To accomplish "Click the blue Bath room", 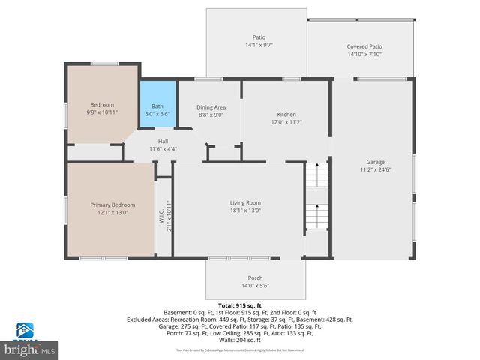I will tap(157, 109).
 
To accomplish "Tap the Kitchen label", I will tap(285, 114).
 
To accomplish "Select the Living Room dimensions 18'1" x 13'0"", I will tap(245, 211).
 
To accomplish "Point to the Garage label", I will tap(376, 161).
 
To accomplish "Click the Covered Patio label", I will tap(364, 46).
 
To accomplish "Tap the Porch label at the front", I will tap(256, 277).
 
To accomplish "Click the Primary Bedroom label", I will tap(112, 205).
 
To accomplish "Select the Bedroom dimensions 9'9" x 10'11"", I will tap(102, 112).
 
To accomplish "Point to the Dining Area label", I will tap(211, 107).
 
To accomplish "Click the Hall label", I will tap(163, 141).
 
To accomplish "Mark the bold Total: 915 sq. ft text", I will tap(240, 305).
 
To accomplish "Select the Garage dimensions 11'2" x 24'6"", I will tap(376, 169).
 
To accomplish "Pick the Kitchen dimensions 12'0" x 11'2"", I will tap(285, 121).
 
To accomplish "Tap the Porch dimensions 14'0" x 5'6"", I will tap(256, 286).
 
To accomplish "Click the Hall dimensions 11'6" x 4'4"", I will tap(163, 149).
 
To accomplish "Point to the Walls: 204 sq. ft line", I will tap(240, 339).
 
